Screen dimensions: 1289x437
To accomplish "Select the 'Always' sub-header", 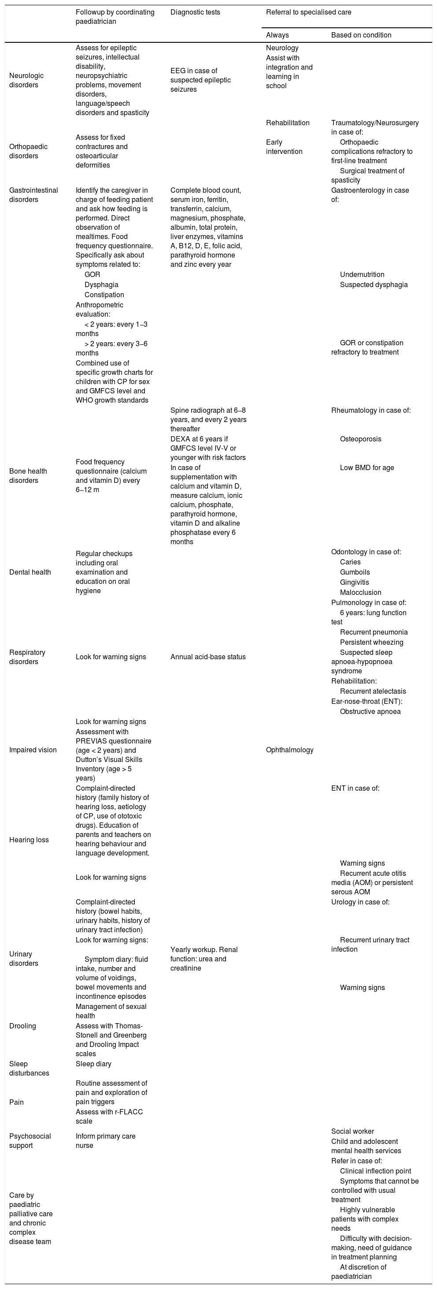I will [x=278, y=35].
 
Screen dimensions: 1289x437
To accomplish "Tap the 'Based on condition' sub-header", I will [x=361, y=35].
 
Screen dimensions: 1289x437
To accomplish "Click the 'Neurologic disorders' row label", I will [x=26, y=80].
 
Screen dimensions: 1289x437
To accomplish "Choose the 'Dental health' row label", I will [x=30, y=572].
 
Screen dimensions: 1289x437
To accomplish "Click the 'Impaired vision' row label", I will [x=33, y=750].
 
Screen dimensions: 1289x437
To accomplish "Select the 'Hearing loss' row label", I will [x=29, y=840].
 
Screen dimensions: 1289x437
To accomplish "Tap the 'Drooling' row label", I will [x=22, y=1026].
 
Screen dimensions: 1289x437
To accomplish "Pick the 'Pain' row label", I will [x=16, y=1102].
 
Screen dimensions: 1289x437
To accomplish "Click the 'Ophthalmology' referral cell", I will [x=290, y=750].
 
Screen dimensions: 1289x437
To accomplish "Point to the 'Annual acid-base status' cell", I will [x=208, y=657].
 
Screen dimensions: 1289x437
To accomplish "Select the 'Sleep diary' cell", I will [x=93, y=1064].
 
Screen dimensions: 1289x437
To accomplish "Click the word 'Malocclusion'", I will [x=360, y=592].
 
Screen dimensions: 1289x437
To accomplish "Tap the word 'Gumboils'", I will [x=355, y=572].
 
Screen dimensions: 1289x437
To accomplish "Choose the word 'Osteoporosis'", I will [x=360, y=439].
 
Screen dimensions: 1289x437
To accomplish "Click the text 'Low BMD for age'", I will [x=367, y=468].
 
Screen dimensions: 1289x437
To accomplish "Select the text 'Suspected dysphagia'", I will [x=374, y=285].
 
